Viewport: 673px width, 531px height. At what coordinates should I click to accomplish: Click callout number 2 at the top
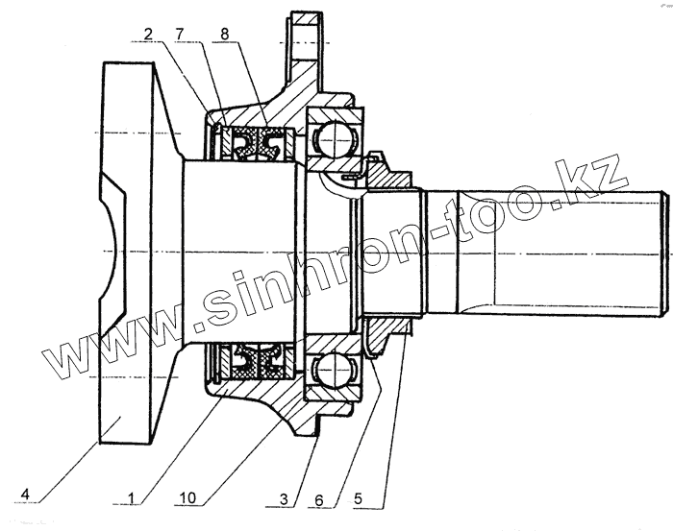pos(149,35)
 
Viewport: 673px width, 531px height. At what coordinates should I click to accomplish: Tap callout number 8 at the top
pos(225,35)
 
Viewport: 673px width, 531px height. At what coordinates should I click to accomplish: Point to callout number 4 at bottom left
pos(27,495)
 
